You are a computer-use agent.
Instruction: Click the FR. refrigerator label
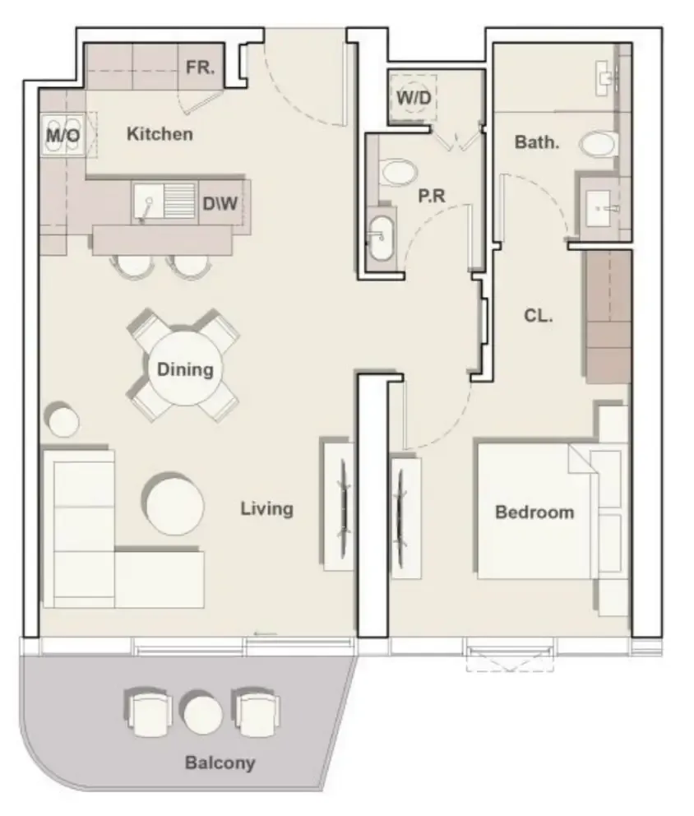pyautogui.click(x=201, y=67)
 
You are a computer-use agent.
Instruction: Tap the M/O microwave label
pyautogui.click(x=63, y=136)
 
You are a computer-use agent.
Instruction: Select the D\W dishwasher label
pyautogui.click(x=220, y=203)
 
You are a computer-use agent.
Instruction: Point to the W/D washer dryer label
pyautogui.click(x=414, y=97)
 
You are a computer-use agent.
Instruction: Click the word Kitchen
pyautogui.click(x=160, y=134)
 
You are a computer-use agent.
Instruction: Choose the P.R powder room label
pyautogui.click(x=432, y=196)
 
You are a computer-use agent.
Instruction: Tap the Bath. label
pyautogui.click(x=537, y=141)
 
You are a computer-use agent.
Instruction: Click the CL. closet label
pyautogui.click(x=539, y=315)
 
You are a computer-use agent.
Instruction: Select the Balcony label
pyautogui.click(x=220, y=763)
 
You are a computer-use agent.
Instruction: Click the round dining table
pyautogui.click(x=185, y=369)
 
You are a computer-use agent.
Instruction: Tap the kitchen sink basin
pyautogui.click(x=148, y=202)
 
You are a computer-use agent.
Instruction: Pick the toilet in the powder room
pyautogui.click(x=399, y=172)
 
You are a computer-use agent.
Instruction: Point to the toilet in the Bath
pyautogui.click(x=597, y=143)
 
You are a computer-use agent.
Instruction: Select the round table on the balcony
pyautogui.click(x=201, y=712)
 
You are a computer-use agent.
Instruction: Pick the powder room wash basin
pyautogui.click(x=382, y=238)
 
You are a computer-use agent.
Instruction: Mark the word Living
pyautogui.click(x=267, y=508)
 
